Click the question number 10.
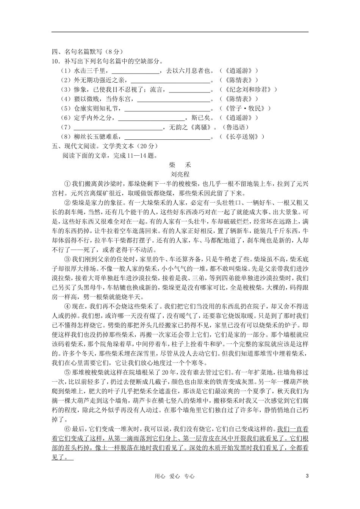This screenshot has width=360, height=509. [55, 61]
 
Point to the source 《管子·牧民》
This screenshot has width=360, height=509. [245, 109]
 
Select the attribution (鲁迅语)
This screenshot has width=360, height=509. [235, 128]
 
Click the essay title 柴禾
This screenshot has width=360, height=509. [180, 165]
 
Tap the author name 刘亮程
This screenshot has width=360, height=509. [180, 175]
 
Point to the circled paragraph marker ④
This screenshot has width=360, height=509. [67, 306]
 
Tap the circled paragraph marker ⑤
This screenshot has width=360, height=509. [67, 372]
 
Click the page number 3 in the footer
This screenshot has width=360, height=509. [307, 476]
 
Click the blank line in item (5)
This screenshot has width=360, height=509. [167, 109]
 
